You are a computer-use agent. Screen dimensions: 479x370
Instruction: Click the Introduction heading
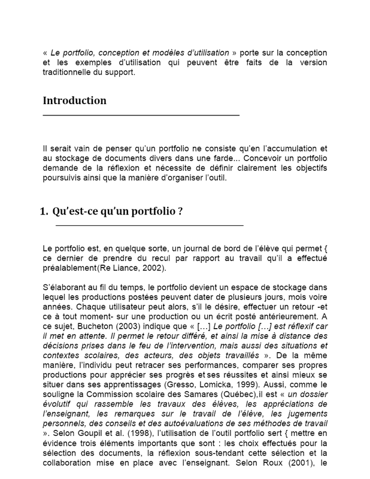[75, 101]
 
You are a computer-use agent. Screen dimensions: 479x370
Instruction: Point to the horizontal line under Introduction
[141, 114]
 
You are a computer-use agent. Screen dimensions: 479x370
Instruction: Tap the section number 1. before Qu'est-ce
[44, 211]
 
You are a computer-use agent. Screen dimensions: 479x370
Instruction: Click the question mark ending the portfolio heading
[180, 211]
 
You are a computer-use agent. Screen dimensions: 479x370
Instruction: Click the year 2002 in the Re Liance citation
[153, 268]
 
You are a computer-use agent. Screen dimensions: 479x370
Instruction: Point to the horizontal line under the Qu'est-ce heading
[149, 225]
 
